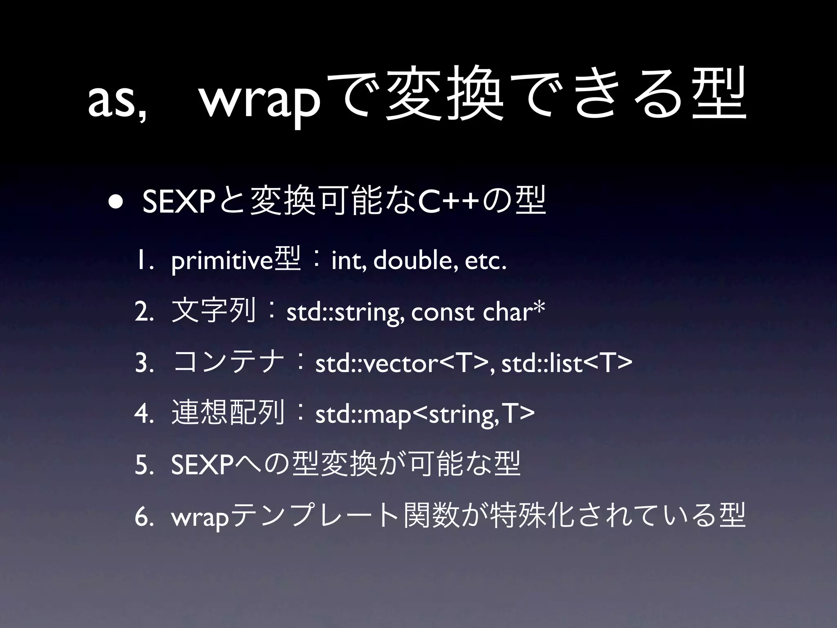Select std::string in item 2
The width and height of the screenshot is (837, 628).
coord(342,313)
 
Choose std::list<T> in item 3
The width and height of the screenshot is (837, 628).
coord(566,363)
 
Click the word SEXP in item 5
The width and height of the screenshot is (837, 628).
coord(203,465)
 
